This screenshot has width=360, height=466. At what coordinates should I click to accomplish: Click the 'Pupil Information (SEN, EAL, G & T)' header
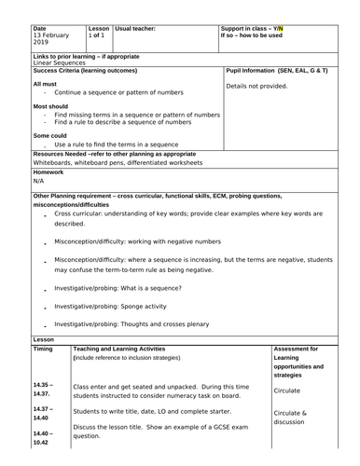[x=279, y=70]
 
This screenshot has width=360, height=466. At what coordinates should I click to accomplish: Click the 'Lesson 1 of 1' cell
[x=98, y=34]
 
